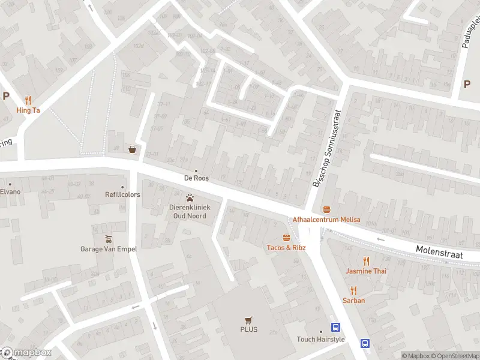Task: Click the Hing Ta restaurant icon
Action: (x=28, y=100)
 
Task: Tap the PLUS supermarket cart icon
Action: (x=248, y=320)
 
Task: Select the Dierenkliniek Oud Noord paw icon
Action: (x=190, y=197)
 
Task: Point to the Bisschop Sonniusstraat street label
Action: (x=325, y=147)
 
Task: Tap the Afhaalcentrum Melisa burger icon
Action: (x=326, y=209)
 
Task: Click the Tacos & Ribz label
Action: (x=287, y=247)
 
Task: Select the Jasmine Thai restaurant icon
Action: (x=366, y=260)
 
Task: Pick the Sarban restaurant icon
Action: (x=353, y=290)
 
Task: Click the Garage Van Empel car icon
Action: (x=109, y=238)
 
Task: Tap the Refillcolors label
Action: (x=122, y=194)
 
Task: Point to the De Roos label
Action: (x=196, y=178)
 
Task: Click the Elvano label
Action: (x=10, y=191)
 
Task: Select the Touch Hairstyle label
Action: (x=321, y=339)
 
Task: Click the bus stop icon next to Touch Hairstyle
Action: (x=335, y=328)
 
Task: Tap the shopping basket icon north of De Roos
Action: (x=132, y=149)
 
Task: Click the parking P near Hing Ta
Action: (x=6, y=95)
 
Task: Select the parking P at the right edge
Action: (x=467, y=85)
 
